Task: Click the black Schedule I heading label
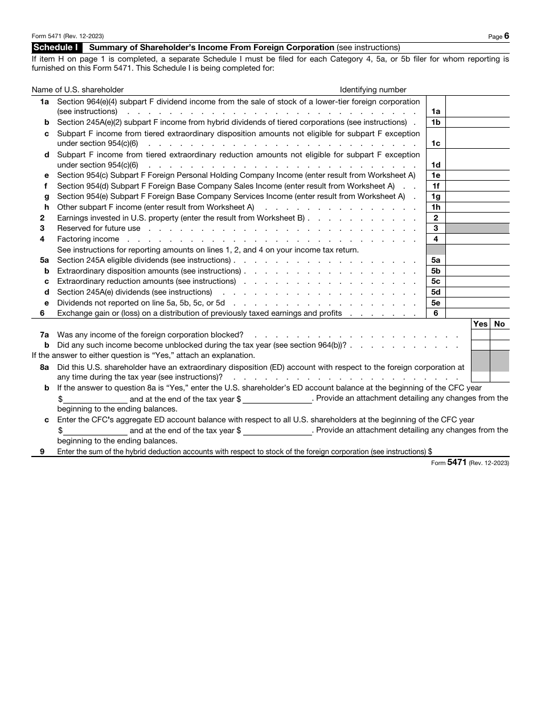tap(57, 47)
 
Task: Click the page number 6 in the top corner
tap(506, 36)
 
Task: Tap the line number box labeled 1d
tap(436, 165)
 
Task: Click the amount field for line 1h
tap(477, 207)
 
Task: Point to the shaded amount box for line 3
tap(477, 229)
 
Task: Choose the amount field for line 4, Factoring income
tap(477, 239)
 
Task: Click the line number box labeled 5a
tap(436, 260)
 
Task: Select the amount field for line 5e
tap(477, 303)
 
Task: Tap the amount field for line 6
tap(477, 313)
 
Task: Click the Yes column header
tap(481, 324)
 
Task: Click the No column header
tap(499, 324)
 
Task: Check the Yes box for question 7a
tap(481, 335)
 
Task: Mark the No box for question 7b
tap(499, 345)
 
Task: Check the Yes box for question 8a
tap(481, 377)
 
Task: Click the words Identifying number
tap(373, 89)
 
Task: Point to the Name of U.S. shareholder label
tap(77, 89)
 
